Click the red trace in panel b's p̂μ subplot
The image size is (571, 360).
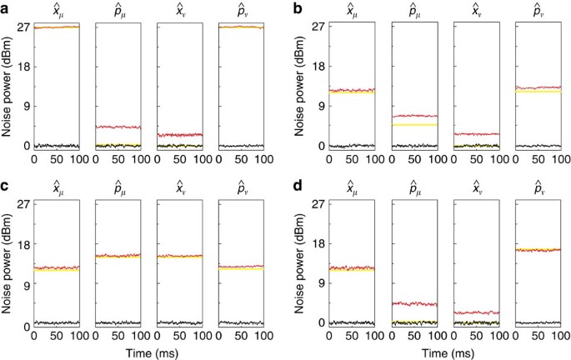coord(414,116)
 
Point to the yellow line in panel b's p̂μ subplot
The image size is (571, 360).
coord(414,124)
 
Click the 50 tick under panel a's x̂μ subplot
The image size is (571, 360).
coord(56,158)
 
